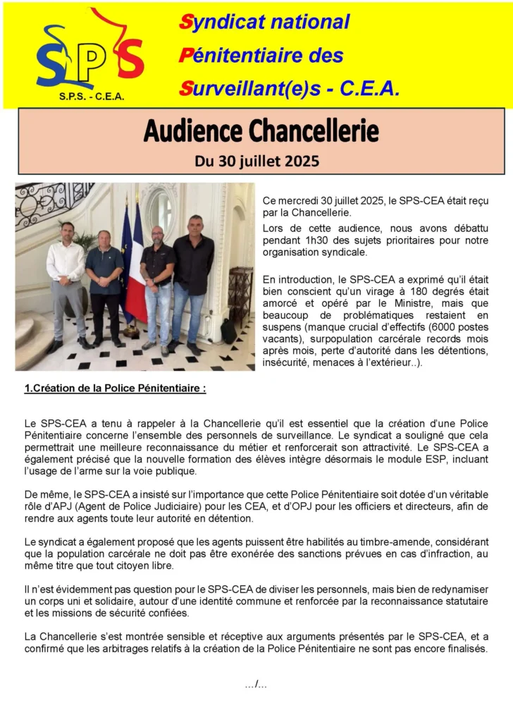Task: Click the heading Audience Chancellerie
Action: coord(261,130)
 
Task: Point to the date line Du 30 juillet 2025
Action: coord(256,161)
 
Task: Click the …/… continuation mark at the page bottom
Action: coord(256,684)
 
